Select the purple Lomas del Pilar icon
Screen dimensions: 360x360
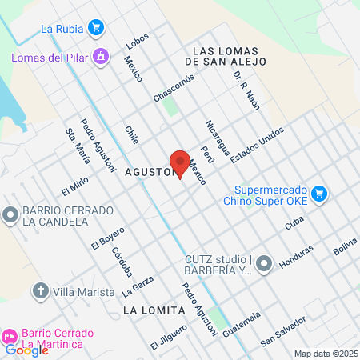click(100, 57)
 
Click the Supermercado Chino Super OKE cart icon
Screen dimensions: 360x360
click(318, 194)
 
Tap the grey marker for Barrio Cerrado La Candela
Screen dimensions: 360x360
click(10, 214)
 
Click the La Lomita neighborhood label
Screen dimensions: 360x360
click(148, 308)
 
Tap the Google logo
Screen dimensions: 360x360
click(26, 350)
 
